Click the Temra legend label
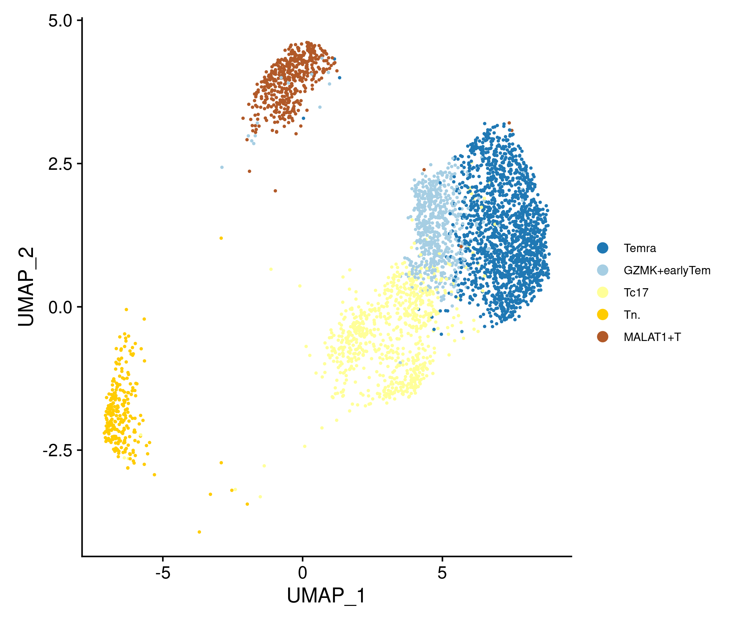(640, 249)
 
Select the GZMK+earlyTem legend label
(667, 270)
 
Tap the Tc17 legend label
(636, 293)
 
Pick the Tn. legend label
(632, 315)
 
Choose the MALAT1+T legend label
(652, 337)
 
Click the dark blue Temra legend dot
(603, 248)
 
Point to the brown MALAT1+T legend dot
(603, 337)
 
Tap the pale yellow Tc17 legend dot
(603, 292)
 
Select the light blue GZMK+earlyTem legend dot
(603, 270)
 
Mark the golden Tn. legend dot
(603, 315)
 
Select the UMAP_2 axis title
(26, 287)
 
